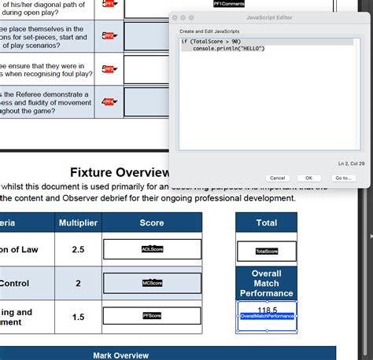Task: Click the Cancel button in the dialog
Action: [x=277, y=178]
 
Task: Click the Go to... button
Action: [x=343, y=178]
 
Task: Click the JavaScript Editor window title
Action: [x=269, y=17]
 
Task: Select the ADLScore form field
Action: [x=152, y=249]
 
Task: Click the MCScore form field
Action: [x=152, y=283]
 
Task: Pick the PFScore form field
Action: [x=152, y=316]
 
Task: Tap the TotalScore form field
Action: [x=267, y=252]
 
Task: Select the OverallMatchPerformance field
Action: [x=267, y=316]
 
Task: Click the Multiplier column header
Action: [x=78, y=223]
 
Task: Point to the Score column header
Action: [x=152, y=223]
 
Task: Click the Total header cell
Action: [x=267, y=222]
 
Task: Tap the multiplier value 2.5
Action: [x=78, y=250]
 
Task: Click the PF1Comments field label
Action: [x=228, y=4]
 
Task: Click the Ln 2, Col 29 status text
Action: [x=350, y=163]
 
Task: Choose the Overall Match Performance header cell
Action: [x=267, y=283]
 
